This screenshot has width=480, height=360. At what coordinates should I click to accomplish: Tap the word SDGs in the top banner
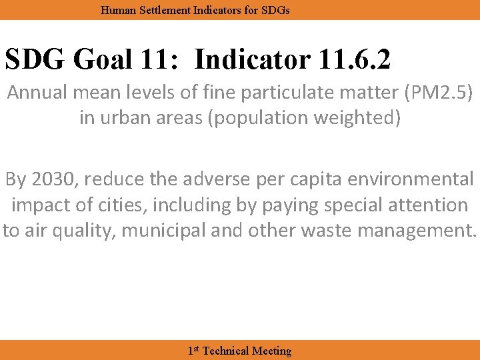(x=275, y=11)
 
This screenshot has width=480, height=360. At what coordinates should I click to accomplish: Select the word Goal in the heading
(x=101, y=60)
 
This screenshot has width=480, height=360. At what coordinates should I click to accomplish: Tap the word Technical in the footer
(x=225, y=351)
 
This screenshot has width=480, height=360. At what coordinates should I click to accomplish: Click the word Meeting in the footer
(x=272, y=351)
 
